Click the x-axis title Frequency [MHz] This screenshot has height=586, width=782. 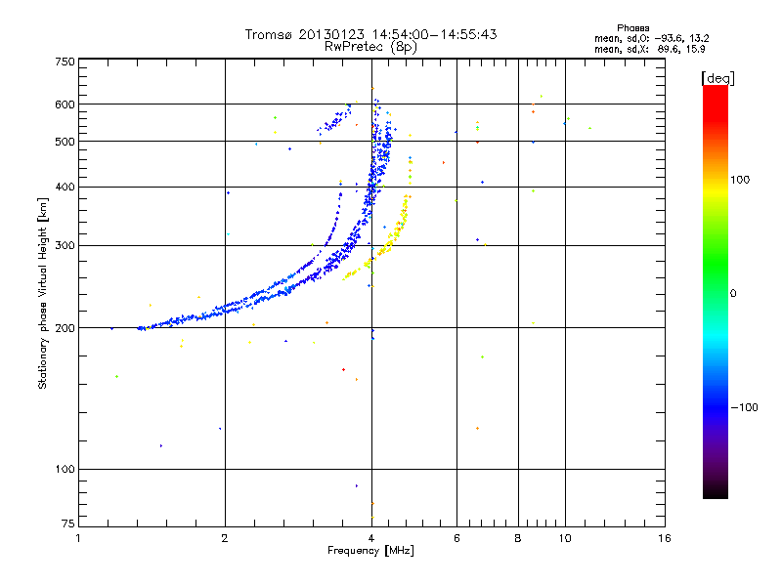(x=371, y=552)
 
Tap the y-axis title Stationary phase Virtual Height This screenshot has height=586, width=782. (x=43, y=293)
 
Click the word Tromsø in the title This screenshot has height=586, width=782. (x=269, y=34)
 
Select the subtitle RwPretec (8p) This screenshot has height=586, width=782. (x=371, y=46)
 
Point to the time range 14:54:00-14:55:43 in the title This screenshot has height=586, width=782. (x=429, y=34)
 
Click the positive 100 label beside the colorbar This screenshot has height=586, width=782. (x=742, y=180)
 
